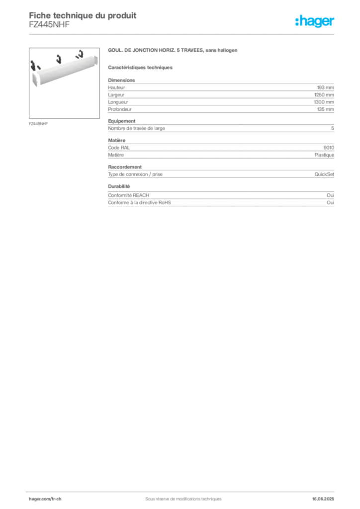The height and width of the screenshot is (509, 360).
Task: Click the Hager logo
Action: pyautogui.click(x=315, y=21)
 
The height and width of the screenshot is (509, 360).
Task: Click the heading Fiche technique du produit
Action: pyautogui.click(x=83, y=15)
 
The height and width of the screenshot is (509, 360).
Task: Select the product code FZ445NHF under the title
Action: pyautogui.click(x=49, y=25)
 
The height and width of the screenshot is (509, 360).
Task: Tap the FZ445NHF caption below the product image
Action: pyautogui.click(x=38, y=124)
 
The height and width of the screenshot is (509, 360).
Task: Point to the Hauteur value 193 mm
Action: pyautogui.click(x=325, y=87)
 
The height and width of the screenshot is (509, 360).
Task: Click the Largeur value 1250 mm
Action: pyautogui.click(x=324, y=95)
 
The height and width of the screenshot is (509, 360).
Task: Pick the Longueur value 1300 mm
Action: pyautogui.click(x=324, y=102)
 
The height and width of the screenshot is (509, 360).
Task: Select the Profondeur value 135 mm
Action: pyautogui.click(x=325, y=109)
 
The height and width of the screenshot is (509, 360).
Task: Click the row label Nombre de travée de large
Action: pyautogui.click(x=136, y=128)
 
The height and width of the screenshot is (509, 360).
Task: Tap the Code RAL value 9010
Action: pyautogui.click(x=329, y=147)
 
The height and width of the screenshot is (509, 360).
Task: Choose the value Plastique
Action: pyautogui.click(x=324, y=155)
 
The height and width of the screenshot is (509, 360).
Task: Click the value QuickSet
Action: pyautogui.click(x=324, y=174)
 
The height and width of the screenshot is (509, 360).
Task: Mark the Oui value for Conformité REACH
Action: pyautogui.click(x=331, y=195)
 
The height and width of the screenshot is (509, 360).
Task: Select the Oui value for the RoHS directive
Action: pyautogui.click(x=331, y=203)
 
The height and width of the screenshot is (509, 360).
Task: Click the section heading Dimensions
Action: pyautogui.click(x=121, y=80)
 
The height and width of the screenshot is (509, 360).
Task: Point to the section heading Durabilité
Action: pyautogui.click(x=119, y=186)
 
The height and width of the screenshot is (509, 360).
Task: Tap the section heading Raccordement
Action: pyautogui.click(x=125, y=167)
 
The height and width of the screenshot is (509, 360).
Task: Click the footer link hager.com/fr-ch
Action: pyautogui.click(x=45, y=499)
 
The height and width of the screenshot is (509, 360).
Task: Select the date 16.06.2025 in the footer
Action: pyautogui.click(x=323, y=499)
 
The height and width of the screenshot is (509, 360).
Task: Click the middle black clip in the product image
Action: pyautogui.click(x=59, y=59)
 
